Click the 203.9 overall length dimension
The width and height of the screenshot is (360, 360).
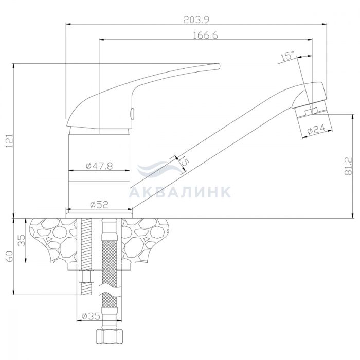pos(196,20)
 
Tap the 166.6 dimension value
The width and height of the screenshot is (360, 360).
pos(206,35)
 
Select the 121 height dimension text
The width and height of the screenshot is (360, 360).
pos(9,140)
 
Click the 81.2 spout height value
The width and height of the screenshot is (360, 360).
pos(348,166)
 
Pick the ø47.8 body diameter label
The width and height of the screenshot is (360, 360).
pos(99,166)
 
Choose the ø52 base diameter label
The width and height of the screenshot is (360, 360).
pos(99,204)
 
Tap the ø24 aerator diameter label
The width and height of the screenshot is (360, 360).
pos(316,129)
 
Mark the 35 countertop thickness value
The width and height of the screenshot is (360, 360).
pos(22,240)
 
